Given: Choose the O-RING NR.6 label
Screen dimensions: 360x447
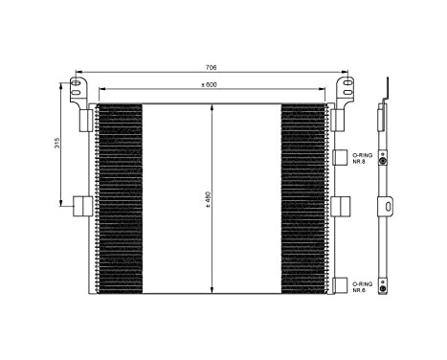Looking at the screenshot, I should [362, 286].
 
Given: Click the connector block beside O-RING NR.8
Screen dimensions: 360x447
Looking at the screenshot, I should [341, 157].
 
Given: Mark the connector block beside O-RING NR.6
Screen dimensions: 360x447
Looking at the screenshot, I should [341, 285].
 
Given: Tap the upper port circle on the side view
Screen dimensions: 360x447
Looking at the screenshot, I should [384, 161].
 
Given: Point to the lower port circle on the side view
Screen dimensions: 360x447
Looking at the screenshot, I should [384, 286].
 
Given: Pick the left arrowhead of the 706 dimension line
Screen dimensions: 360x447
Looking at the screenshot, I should [77, 73].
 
